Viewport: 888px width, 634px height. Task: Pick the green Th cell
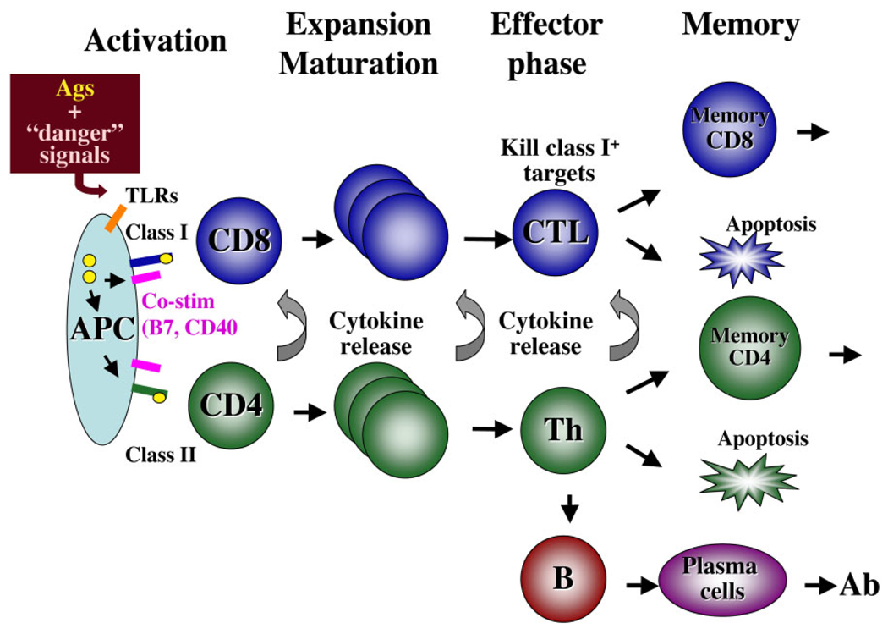pos(562,430)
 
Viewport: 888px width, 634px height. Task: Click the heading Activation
pos(156,39)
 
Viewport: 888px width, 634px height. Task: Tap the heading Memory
pos(740,25)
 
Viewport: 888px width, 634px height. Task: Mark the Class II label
pos(162,455)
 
